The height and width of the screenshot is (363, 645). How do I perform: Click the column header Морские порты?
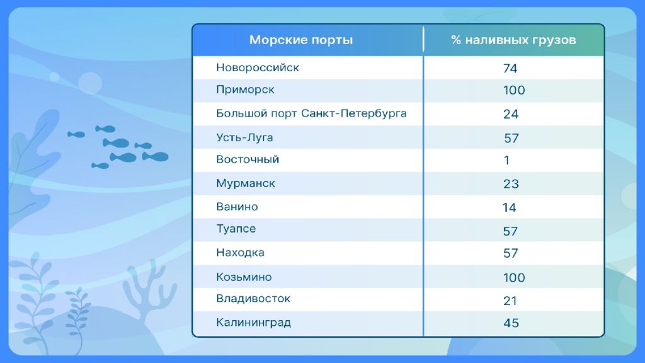[x=300, y=40]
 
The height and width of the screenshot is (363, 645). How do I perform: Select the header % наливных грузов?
[x=513, y=40]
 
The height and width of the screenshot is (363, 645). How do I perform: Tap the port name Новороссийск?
[x=258, y=67]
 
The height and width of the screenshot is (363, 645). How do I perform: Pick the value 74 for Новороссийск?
[x=510, y=68]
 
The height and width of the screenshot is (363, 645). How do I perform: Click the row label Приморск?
[x=245, y=90]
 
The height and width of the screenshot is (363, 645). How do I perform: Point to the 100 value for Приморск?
[x=514, y=90]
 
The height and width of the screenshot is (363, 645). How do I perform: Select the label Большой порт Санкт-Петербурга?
[x=311, y=113]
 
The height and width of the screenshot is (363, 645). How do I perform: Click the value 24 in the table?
[x=510, y=114]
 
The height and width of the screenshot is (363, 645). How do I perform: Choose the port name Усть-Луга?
[x=244, y=137]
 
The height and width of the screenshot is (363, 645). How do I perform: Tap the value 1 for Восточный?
[x=507, y=160]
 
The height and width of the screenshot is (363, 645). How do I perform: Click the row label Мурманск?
[x=246, y=183]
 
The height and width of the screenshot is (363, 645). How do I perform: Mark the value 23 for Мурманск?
[x=511, y=184]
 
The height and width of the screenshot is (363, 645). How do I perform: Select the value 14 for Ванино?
[x=509, y=207]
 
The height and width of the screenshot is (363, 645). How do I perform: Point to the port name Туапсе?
[x=236, y=229]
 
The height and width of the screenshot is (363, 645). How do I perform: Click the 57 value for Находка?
[x=510, y=253]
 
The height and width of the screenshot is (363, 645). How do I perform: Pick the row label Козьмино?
[x=244, y=277]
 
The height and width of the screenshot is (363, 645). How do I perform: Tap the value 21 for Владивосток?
[x=510, y=301]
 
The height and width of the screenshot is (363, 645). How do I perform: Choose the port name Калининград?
[x=253, y=322]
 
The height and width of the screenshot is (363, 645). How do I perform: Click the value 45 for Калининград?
[x=511, y=323]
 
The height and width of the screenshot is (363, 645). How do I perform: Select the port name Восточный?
[x=248, y=159]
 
